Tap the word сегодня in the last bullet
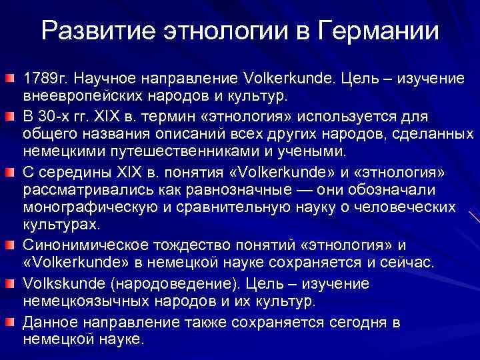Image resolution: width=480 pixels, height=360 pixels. pyautogui.click(x=360, y=323)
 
